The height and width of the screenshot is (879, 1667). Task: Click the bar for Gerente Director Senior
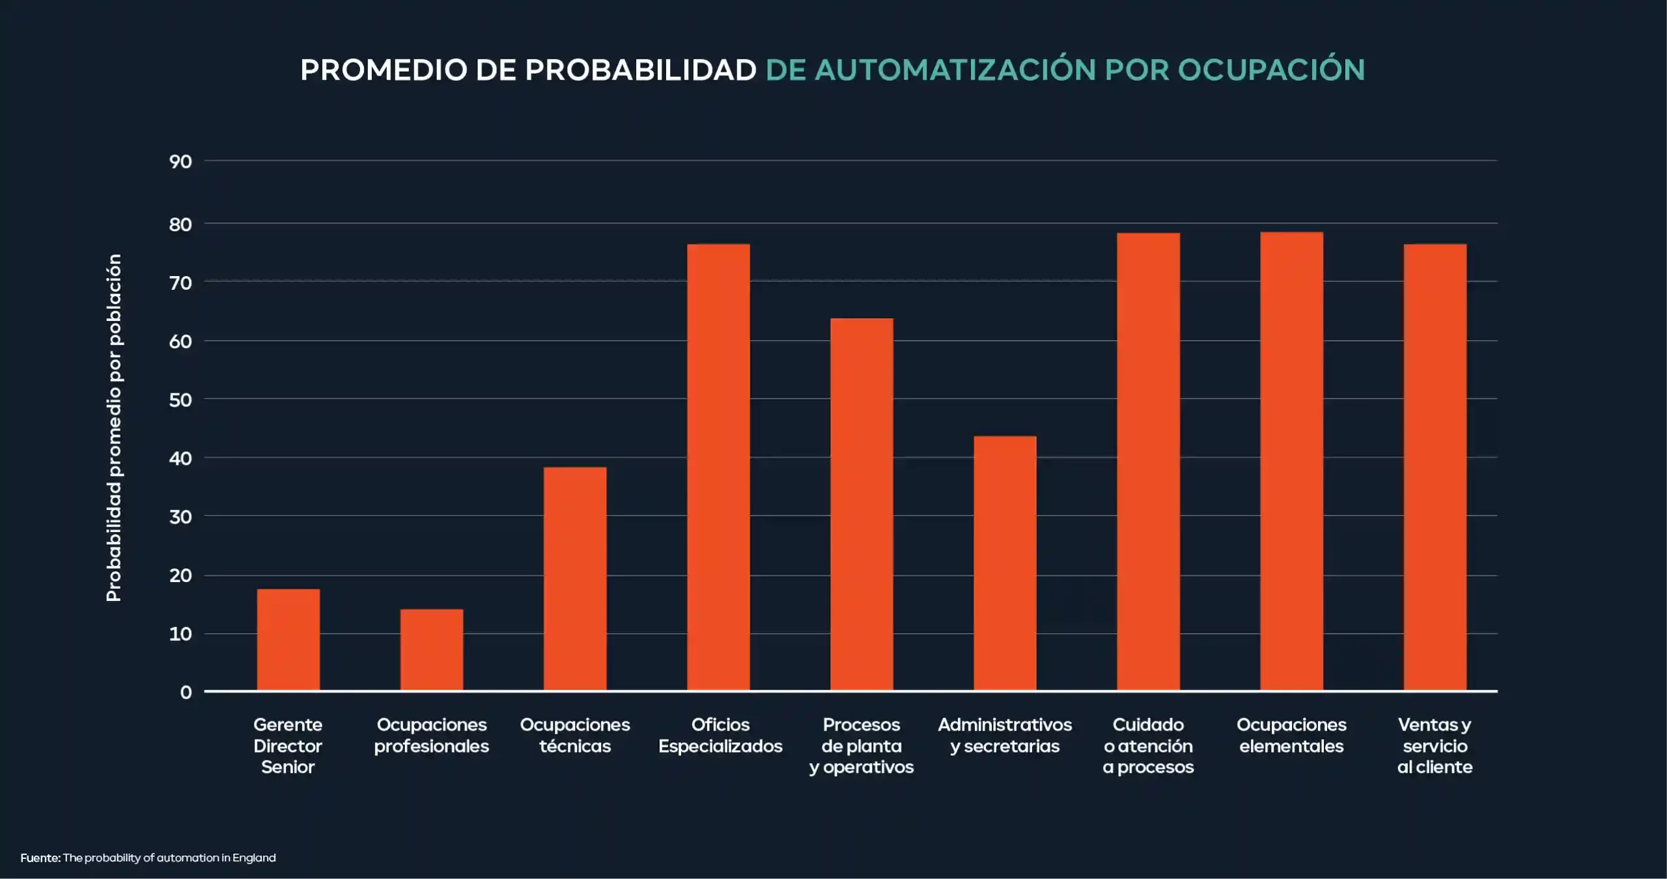pyautogui.click(x=288, y=639)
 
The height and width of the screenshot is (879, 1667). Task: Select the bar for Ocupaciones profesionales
pyautogui.click(x=432, y=650)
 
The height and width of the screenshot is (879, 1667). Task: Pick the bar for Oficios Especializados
pyautogui.click(x=718, y=467)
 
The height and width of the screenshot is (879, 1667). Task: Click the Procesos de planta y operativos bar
pyautogui.click(x=862, y=504)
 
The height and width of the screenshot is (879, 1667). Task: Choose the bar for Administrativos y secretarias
pyautogui.click(x=1005, y=563)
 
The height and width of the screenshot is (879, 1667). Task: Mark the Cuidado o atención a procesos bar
pyautogui.click(x=1148, y=462)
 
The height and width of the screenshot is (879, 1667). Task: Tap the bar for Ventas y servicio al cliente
pyautogui.click(x=1435, y=467)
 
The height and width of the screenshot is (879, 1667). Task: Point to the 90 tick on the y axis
pyautogui.click(x=181, y=161)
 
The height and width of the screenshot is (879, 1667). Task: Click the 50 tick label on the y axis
pyautogui.click(x=181, y=400)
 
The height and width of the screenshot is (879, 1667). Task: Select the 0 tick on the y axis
pyautogui.click(x=186, y=692)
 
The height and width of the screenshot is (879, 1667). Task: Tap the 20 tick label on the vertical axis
pyautogui.click(x=181, y=576)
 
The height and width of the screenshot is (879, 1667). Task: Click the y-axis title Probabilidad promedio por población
pyautogui.click(x=114, y=428)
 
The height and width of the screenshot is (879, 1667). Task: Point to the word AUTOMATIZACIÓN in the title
pyautogui.click(x=955, y=70)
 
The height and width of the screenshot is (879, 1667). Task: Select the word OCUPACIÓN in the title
pyautogui.click(x=1271, y=70)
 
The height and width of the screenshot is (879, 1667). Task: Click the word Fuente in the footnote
pyautogui.click(x=40, y=858)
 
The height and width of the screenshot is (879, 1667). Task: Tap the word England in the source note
pyautogui.click(x=254, y=858)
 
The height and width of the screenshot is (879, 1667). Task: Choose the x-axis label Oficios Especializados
pyautogui.click(x=720, y=735)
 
